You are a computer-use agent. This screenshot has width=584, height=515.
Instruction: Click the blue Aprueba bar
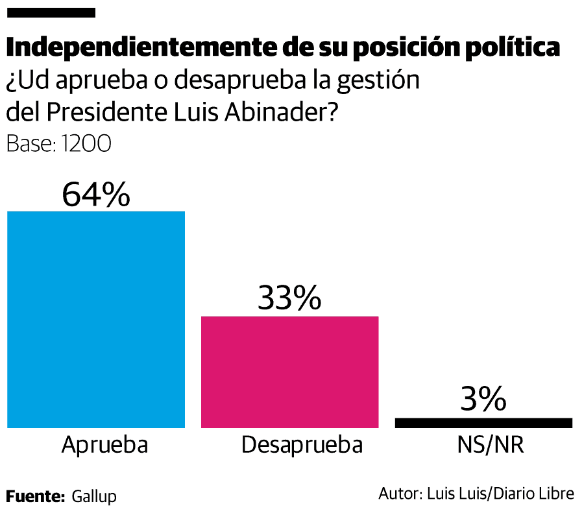click(x=96, y=319)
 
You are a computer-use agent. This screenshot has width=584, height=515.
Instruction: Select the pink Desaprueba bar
click(x=289, y=372)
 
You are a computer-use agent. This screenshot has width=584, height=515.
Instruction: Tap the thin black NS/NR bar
click(x=483, y=423)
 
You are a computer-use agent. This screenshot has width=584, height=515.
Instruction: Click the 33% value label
click(x=289, y=298)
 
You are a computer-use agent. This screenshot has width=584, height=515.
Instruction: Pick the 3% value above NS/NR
click(x=483, y=400)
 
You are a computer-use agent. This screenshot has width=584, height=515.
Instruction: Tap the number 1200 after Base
click(x=86, y=144)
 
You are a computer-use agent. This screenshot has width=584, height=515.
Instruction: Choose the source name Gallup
click(x=94, y=497)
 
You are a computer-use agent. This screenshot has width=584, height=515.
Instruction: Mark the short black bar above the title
click(x=51, y=12)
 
